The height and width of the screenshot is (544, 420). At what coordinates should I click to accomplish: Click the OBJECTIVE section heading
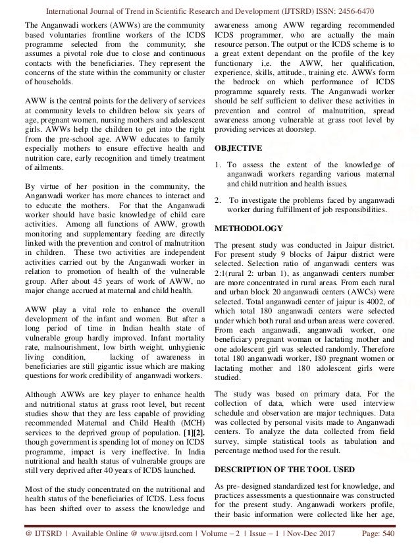(x=240, y=148)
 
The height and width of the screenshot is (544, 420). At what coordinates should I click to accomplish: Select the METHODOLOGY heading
(x=249, y=229)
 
